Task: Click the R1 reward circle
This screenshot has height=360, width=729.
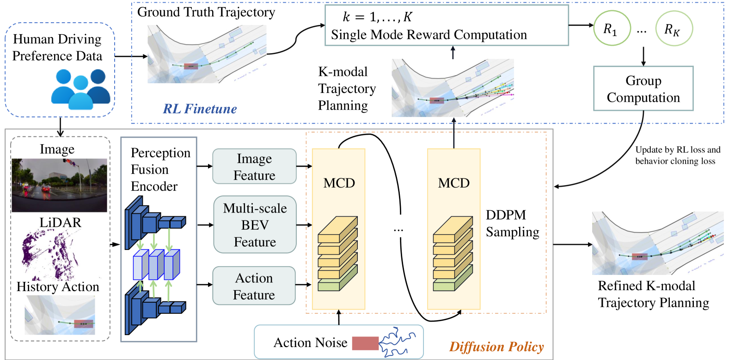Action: tap(611, 29)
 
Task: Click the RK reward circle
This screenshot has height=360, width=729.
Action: tap(674, 29)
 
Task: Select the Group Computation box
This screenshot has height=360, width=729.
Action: tap(643, 88)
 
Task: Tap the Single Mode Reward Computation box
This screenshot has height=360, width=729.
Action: tap(447, 25)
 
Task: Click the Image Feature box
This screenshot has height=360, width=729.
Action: tap(254, 166)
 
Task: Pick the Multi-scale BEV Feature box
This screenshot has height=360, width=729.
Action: tap(255, 225)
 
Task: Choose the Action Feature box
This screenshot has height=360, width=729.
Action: tap(254, 286)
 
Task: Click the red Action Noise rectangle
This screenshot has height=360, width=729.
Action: tap(365, 343)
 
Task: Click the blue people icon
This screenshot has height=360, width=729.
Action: tap(80, 89)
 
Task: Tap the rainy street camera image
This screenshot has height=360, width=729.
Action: tap(59, 185)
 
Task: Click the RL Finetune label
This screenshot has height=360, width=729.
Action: tap(200, 109)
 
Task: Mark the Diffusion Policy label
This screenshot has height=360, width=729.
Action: tap(496, 347)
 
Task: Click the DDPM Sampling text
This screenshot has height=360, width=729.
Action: tap(512, 223)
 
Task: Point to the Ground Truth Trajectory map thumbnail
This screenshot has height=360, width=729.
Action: tap(207, 54)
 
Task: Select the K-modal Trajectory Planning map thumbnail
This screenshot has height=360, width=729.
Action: tap(453, 88)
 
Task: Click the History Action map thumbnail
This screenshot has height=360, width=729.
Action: tap(60, 315)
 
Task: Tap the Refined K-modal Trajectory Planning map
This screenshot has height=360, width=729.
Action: tap(657, 243)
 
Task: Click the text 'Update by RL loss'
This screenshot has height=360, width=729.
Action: tap(678, 150)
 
